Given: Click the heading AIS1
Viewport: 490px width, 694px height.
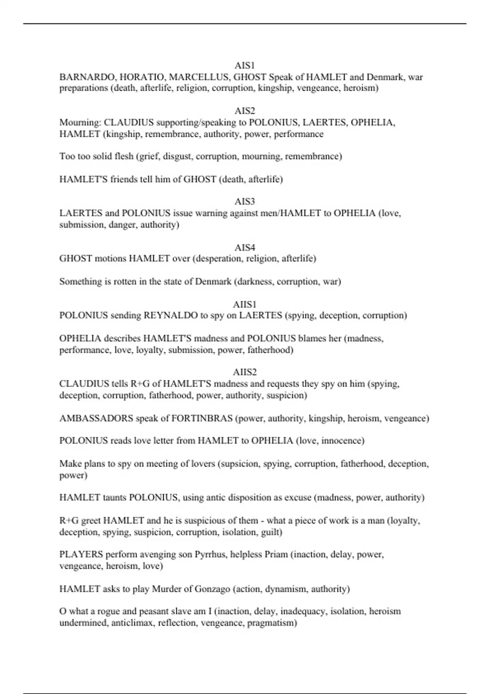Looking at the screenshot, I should pyautogui.click(x=245, y=65).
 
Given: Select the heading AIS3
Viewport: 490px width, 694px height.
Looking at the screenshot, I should pyautogui.click(x=245, y=201).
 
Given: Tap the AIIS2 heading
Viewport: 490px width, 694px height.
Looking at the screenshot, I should pyautogui.click(x=245, y=372).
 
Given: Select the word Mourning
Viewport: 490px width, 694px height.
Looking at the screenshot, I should pyautogui.click(x=80, y=122).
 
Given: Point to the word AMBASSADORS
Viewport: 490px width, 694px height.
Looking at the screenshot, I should pyautogui.click(x=96, y=418).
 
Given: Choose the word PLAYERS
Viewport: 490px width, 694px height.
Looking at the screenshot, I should pyautogui.click(x=81, y=554).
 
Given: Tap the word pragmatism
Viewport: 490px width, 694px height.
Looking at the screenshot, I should pyautogui.click(x=272, y=623).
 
